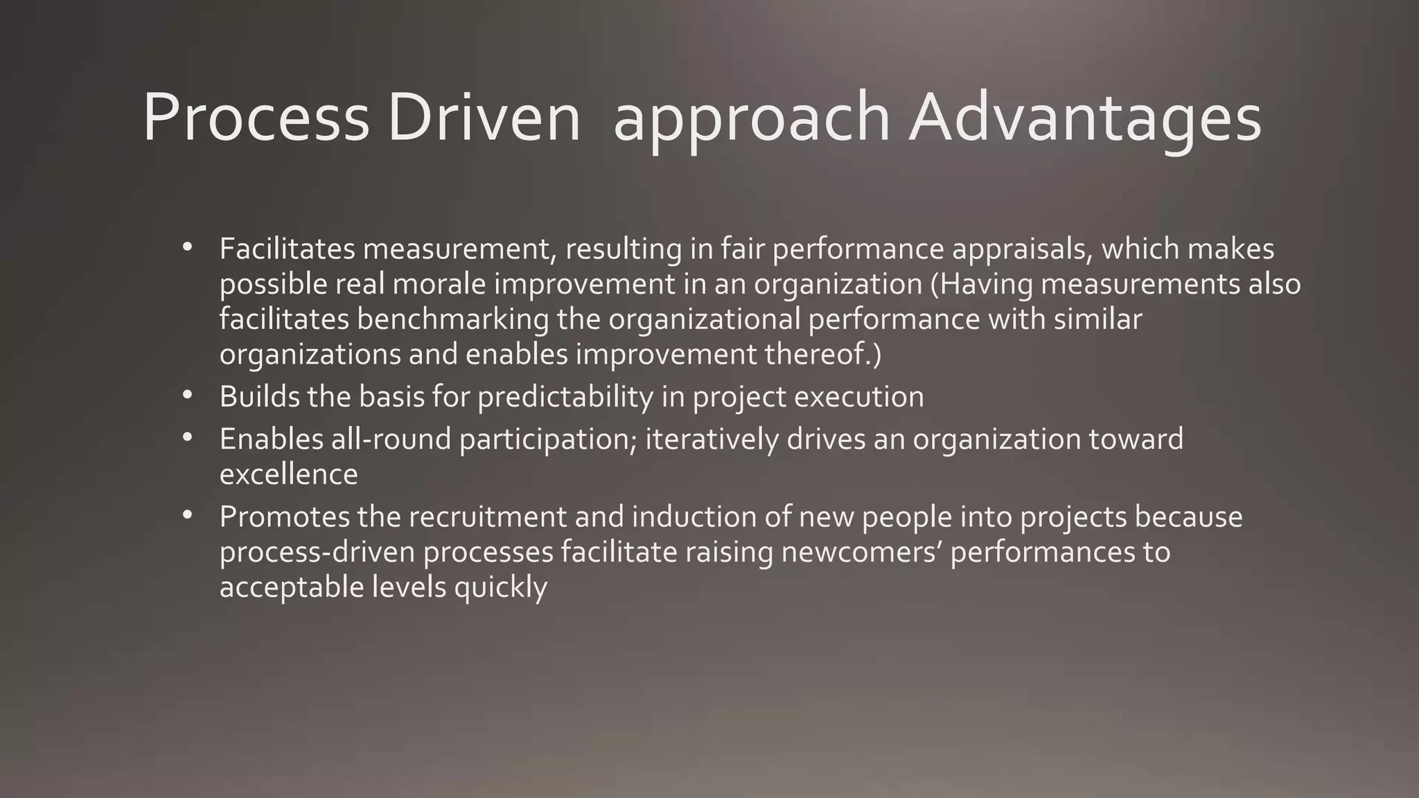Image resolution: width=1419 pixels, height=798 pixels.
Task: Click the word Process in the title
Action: coord(256,118)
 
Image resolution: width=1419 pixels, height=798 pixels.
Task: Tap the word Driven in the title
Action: coord(484,118)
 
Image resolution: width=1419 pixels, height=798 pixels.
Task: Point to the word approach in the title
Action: coord(751,118)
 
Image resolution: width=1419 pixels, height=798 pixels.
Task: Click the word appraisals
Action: coord(1022,249)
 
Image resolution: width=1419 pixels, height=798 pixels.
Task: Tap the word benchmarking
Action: coord(453,319)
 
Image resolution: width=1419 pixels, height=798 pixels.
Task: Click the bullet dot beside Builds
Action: coord(187,395)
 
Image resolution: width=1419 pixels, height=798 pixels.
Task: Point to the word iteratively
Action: coord(712,439)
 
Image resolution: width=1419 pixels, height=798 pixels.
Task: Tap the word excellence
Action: coord(288,475)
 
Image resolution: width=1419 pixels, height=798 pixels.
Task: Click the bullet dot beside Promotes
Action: coord(187,515)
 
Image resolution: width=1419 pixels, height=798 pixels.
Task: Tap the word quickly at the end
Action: coord(500,587)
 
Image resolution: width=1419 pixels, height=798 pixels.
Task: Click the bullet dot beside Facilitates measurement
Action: coord(187,247)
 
